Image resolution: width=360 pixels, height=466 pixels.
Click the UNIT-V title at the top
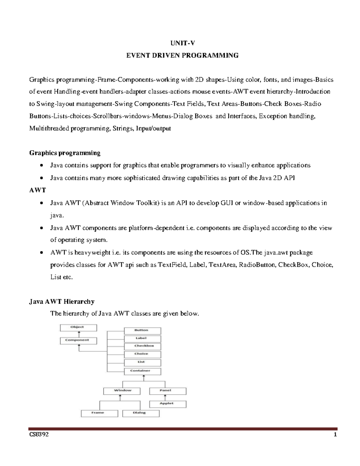click(182, 43)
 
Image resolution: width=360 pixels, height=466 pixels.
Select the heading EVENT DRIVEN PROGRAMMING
click(182, 56)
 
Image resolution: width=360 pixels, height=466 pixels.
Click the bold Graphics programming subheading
click(65, 153)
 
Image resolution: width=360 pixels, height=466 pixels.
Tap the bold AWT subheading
click(37, 190)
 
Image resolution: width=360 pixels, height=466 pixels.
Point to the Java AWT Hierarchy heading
click(62, 302)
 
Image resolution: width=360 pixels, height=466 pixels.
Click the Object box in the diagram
click(78, 328)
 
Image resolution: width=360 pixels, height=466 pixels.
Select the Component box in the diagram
click(78, 341)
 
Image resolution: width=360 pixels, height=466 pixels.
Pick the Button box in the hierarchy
click(142, 331)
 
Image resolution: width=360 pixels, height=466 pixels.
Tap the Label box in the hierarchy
click(142, 338)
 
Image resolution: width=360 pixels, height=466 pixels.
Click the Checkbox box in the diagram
click(142, 346)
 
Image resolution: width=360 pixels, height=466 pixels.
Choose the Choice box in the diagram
click(142, 354)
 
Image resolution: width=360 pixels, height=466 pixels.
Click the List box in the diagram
click(142, 362)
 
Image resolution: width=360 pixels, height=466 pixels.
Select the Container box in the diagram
click(142, 371)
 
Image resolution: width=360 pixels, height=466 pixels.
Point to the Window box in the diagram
click(122, 391)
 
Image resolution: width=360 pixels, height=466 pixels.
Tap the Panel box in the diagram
click(168, 391)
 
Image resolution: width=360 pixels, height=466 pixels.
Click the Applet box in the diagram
click(168, 404)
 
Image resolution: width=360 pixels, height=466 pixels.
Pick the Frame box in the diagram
click(99, 413)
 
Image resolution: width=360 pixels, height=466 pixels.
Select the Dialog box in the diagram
click(141, 413)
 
